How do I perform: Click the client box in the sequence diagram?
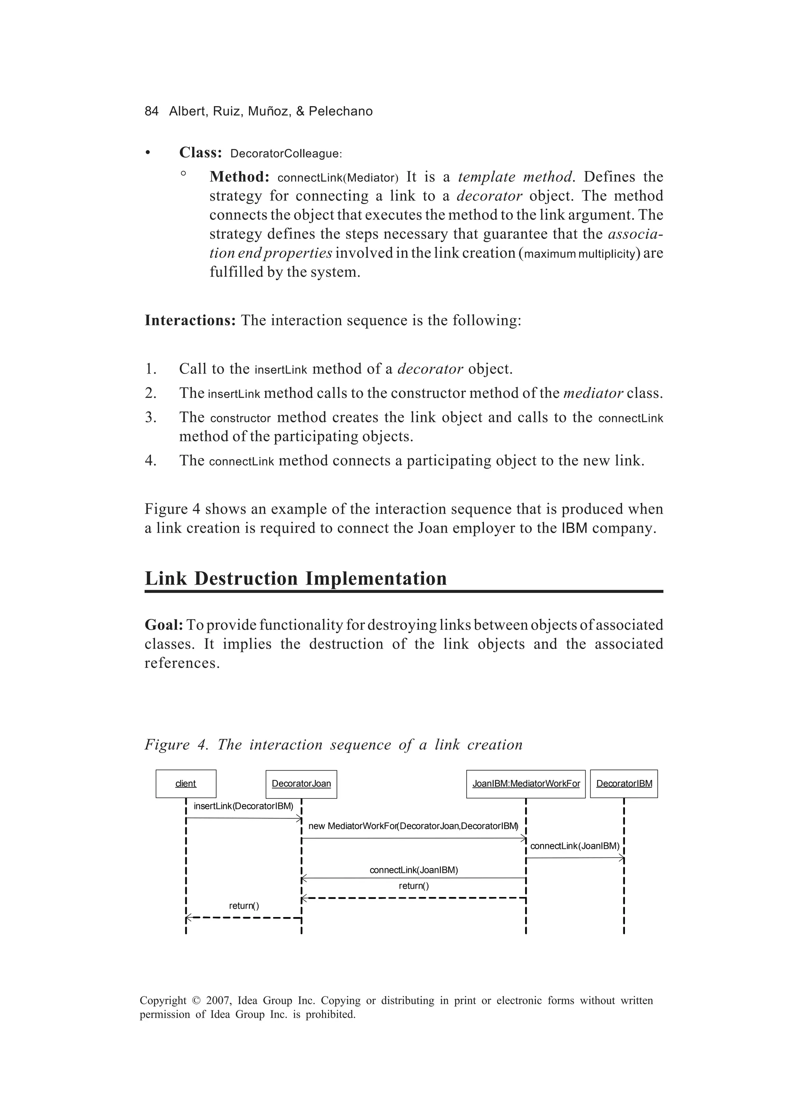[185, 784]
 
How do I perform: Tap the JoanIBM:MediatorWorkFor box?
[526, 784]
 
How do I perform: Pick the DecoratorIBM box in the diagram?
[624, 784]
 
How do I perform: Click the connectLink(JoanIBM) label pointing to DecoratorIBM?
[574, 846]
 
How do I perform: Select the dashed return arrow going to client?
[243, 917]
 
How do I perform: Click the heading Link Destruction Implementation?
[295, 579]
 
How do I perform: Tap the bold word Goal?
[164, 625]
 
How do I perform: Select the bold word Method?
[239, 177]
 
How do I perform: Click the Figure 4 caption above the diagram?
[333, 745]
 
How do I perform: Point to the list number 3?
[151, 418]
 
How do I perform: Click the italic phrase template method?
[515, 177]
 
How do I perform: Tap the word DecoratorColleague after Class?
[286, 154]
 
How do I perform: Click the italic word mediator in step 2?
[593, 394]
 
